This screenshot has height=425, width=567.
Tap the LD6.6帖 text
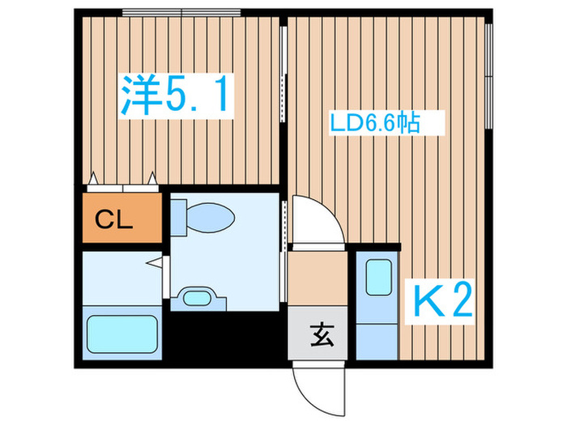[374, 123]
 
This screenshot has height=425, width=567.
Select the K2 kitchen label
[443, 303]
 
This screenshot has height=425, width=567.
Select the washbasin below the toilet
[196, 296]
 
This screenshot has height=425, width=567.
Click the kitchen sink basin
[378, 278]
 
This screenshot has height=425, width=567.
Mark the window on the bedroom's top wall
[181, 13]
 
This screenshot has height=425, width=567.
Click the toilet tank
[177, 217]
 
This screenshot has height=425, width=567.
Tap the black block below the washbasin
[227, 332]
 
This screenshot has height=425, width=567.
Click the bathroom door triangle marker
[155, 263]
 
